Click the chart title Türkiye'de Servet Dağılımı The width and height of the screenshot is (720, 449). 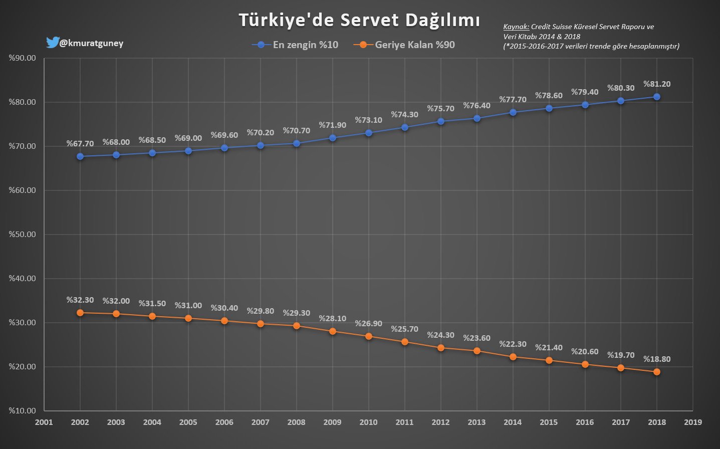[x=359, y=20]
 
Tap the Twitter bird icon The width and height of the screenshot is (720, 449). [x=52, y=43]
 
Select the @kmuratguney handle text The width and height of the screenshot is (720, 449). [x=91, y=43]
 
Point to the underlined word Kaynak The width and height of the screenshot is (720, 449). [x=516, y=27]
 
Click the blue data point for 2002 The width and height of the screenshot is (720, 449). [x=80, y=156]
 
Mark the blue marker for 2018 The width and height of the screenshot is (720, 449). [x=657, y=97]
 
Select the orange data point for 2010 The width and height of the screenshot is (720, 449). [x=369, y=336]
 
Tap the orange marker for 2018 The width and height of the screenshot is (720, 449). [x=657, y=372]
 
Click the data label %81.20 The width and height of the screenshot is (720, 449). [x=657, y=84]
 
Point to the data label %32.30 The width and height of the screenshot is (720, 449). [x=80, y=300]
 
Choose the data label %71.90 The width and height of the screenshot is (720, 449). [x=333, y=125]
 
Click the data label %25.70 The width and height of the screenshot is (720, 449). [x=404, y=329]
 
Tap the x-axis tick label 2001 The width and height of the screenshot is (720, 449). [x=44, y=422]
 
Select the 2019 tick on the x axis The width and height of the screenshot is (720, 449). [x=693, y=422]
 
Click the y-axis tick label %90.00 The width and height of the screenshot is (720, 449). [x=23, y=58]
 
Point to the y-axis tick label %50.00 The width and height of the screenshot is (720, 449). [x=23, y=235]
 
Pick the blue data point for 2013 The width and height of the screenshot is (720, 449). [x=477, y=118]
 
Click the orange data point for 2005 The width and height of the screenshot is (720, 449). [x=188, y=318]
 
